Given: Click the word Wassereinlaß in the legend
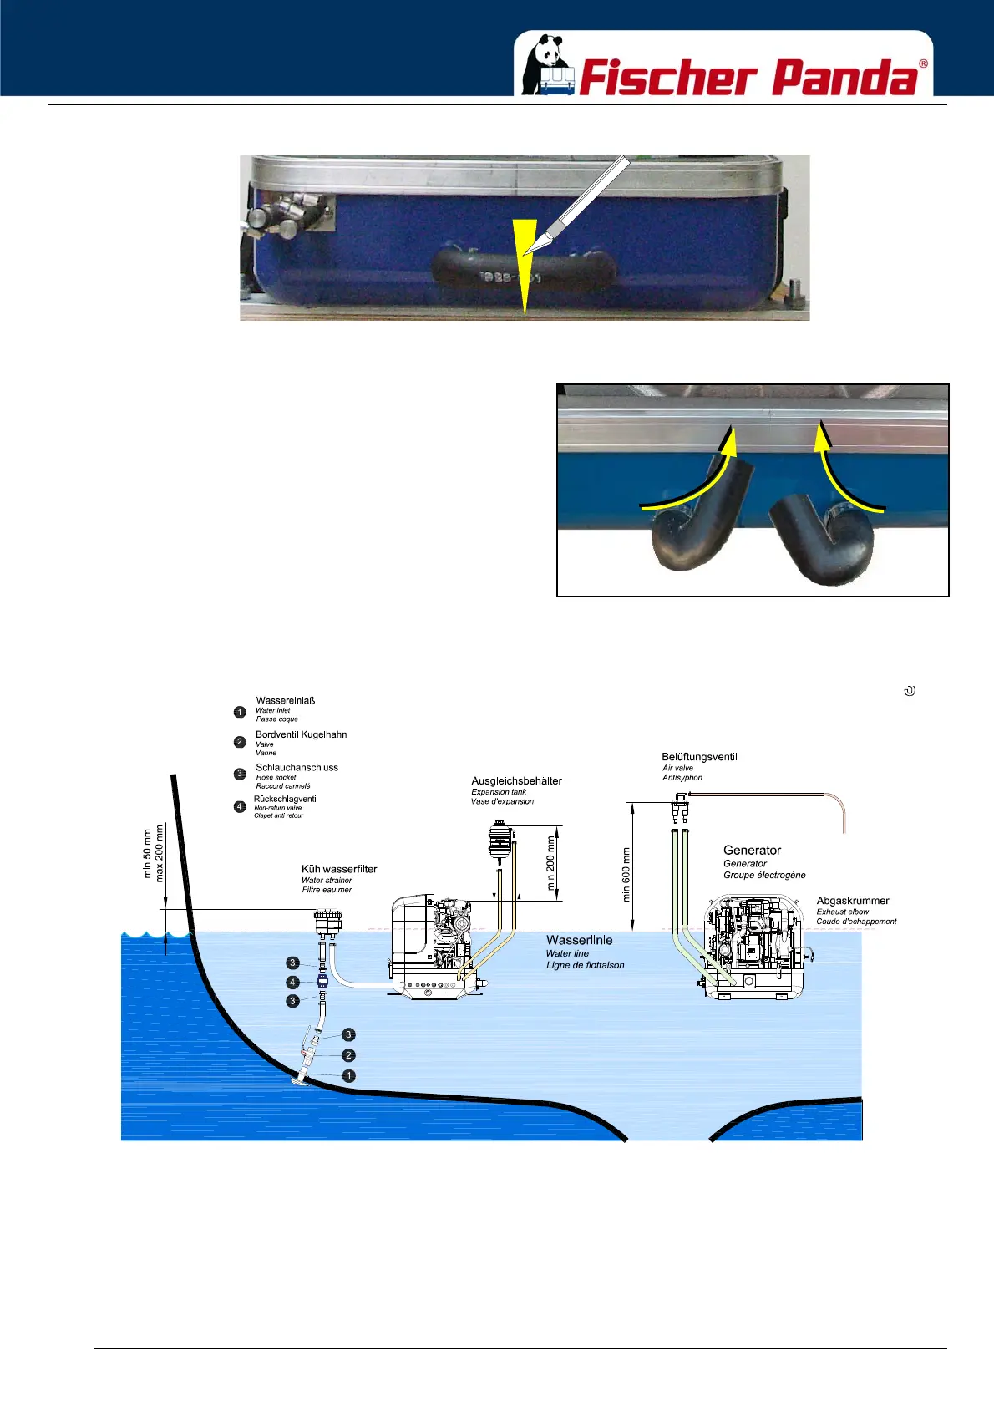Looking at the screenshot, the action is pos(285,700).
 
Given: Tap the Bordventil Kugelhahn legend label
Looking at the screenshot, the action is pos(301,734).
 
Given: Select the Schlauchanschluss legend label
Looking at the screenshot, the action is pos(297,767).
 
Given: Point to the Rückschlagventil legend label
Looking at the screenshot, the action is pos(286,799).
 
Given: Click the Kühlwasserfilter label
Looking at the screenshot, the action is pos(339,869).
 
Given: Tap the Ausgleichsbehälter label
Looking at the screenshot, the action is pos(516,780).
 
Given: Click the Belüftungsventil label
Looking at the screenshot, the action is pos(699,757).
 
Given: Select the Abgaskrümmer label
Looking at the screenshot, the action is pos(852,901).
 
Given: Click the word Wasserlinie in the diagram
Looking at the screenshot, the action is pos(579,940).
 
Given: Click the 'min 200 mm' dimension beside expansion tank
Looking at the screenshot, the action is pos(550,863).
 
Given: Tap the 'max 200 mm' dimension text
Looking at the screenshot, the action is pos(160,853).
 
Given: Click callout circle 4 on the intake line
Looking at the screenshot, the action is pos(292,983).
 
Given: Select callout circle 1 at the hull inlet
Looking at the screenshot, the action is pos(349,1076).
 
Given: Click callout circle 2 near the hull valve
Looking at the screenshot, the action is pos(349,1055).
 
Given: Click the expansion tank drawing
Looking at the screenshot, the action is pos(500,841).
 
